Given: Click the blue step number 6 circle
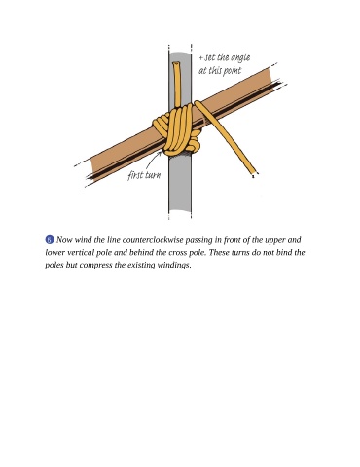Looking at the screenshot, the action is [50, 240].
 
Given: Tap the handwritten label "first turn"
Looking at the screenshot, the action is [144, 175].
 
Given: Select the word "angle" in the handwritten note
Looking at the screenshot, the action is [240, 57].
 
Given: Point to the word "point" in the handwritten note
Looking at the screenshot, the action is [233, 70].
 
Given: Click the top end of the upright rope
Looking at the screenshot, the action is [176, 63].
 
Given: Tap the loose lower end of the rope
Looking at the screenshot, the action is [254, 174].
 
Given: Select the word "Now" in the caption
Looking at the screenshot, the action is [64, 240].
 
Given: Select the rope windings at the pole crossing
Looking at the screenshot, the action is [177, 131].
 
